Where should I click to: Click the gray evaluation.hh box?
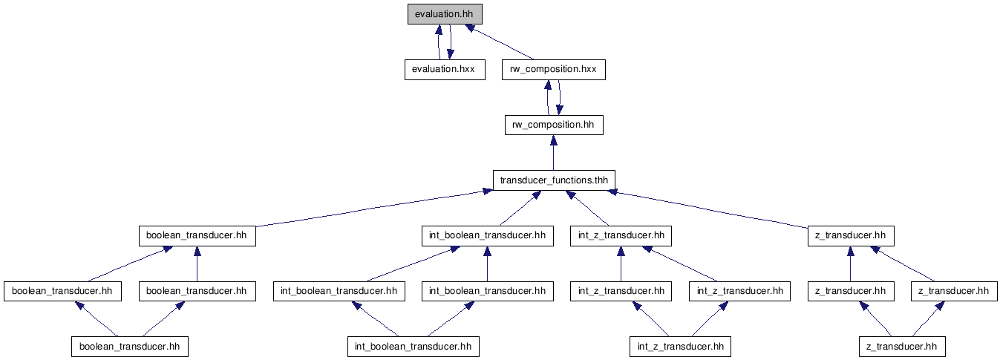pos(445,14)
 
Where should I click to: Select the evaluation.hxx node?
pos(445,70)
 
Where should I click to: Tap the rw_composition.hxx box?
pos(554,70)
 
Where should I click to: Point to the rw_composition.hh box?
pos(554,125)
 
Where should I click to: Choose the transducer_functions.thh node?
pos(554,180)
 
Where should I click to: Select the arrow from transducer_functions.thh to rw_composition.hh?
pos(554,153)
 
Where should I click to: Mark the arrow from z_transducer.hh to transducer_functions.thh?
pos(710,209)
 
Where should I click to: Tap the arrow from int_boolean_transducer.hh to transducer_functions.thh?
pos(520,209)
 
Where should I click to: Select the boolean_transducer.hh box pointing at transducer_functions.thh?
pos(197,235)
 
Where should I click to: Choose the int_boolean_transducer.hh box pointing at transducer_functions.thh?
pos(488,235)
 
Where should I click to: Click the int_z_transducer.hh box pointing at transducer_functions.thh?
pos(621,235)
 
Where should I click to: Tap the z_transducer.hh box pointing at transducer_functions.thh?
pos(851,235)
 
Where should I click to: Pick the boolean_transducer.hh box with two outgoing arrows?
pos(130,347)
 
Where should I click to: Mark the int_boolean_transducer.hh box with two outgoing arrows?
pos(414,347)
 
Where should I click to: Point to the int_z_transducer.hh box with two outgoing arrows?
pos(680,347)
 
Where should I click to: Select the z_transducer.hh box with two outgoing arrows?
pos(902,347)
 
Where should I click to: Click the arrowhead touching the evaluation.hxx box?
pos(451,54)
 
